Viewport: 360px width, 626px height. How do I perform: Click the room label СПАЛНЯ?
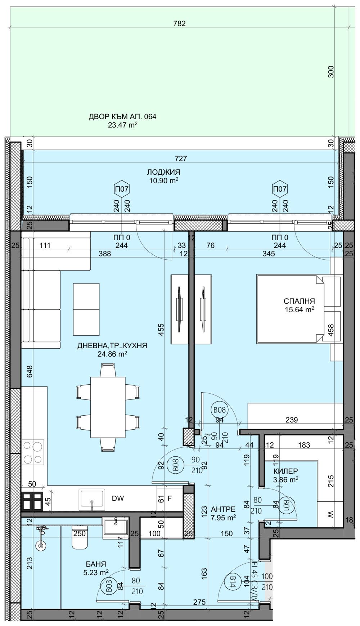coord(299,301)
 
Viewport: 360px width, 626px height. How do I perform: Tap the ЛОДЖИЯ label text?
coord(164,172)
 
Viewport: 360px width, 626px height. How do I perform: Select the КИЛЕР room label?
coord(286,471)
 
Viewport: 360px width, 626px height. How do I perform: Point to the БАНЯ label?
coord(96,564)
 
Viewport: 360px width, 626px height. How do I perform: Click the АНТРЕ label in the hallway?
coord(223,510)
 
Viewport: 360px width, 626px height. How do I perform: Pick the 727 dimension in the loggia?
coord(181,158)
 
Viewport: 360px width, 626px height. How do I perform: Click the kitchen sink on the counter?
coord(92,499)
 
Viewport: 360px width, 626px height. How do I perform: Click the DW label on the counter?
coord(118,498)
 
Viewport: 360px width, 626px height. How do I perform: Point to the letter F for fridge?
coord(170,498)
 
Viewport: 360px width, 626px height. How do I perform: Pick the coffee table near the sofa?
coord(86,309)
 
